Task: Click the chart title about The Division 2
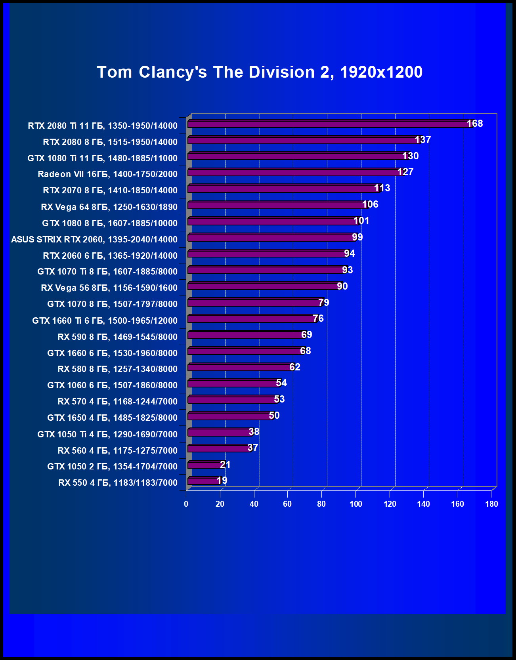(x=260, y=72)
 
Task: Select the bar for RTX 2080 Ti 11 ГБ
(x=329, y=124)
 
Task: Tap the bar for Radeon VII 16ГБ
(x=295, y=173)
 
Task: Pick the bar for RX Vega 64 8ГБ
(x=277, y=205)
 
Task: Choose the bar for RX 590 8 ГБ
(x=246, y=335)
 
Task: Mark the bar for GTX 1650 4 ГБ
(x=230, y=416)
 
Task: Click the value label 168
(x=475, y=124)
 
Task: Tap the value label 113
(x=382, y=188)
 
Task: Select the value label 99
(x=357, y=237)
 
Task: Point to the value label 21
(x=225, y=464)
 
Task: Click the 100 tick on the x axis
(x=356, y=504)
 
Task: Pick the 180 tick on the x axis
(x=491, y=504)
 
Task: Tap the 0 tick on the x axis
(x=186, y=504)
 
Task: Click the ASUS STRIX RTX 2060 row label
(x=94, y=239)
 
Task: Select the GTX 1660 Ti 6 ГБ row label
(x=105, y=320)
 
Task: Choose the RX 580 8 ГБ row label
(x=117, y=369)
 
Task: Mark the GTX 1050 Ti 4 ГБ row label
(x=107, y=434)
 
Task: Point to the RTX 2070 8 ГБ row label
(x=110, y=191)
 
